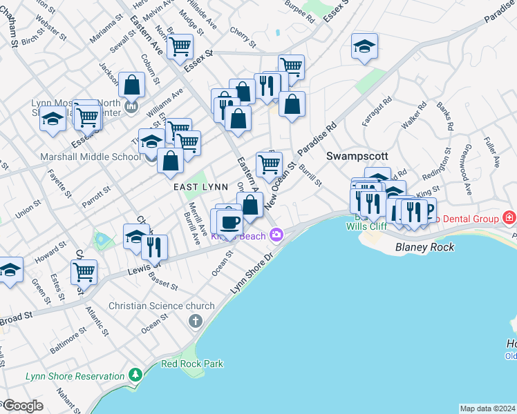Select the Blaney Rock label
click(422, 246)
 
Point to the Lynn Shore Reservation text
click(75, 376)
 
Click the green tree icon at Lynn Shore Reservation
click(136, 375)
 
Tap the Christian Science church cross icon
click(196, 321)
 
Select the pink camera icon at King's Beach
click(276, 235)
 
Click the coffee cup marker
click(229, 222)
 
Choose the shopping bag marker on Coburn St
click(131, 86)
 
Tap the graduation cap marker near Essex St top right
click(364, 47)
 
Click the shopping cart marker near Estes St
click(84, 272)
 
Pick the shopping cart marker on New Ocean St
click(269, 164)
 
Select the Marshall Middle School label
click(91, 157)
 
